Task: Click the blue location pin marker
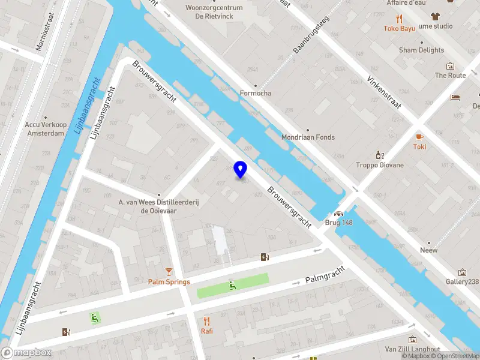tap(241, 170)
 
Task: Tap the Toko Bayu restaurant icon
tap(400, 19)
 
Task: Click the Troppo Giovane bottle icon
tap(379, 155)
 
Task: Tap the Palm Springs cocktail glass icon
tap(170, 272)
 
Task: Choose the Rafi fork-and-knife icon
tap(207, 321)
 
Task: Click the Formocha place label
tap(256, 93)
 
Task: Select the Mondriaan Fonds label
tap(308, 137)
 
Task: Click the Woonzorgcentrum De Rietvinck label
tap(214, 12)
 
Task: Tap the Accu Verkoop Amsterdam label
tap(44, 129)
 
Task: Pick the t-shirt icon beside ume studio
tap(434, 17)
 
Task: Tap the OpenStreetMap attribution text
tap(454, 356)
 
